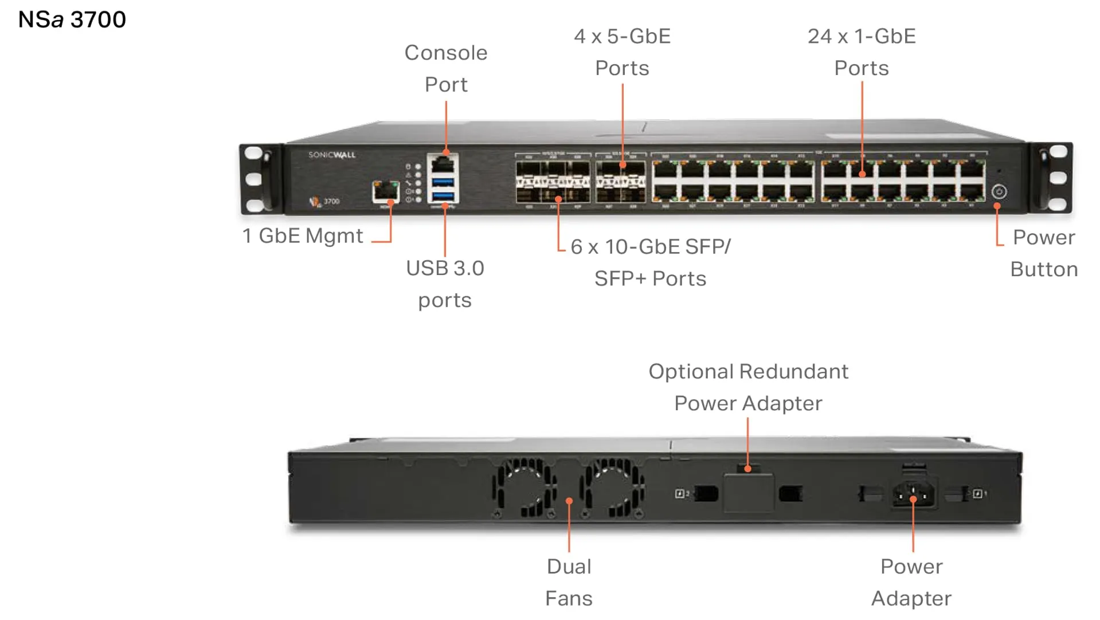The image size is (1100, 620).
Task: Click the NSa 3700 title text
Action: click(x=72, y=19)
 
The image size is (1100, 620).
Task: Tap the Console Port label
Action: click(x=446, y=68)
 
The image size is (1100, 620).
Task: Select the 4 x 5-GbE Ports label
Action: click(x=622, y=52)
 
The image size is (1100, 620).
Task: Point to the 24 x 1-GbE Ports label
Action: click(x=862, y=52)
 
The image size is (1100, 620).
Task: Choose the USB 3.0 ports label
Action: click(x=445, y=284)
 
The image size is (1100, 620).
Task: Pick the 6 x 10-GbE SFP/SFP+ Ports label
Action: click(x=651, y=262)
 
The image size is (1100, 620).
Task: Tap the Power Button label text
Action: click(x=1043, y=253)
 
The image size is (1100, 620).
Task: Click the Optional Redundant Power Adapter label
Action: click(x=748, y=387)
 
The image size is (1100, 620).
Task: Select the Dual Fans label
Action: click(x=569, y=582)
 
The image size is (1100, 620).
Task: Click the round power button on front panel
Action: click(x=999, y=191)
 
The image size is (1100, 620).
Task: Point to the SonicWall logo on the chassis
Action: click(x=332, y=155)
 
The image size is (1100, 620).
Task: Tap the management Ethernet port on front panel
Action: click(x=386, y=191)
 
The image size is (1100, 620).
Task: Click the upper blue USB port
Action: click(x=443, y=182)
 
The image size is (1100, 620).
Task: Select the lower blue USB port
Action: click(x=443, y=197)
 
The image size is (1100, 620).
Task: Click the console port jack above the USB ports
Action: click(x=443, y=165)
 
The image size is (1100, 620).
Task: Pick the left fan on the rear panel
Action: click(x=523, y=488)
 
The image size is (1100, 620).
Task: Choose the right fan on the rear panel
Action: click(x=612, y=488)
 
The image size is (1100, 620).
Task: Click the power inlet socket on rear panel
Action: click(x=913, y=493)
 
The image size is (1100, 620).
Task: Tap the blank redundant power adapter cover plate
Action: click(x=748, y=492)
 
